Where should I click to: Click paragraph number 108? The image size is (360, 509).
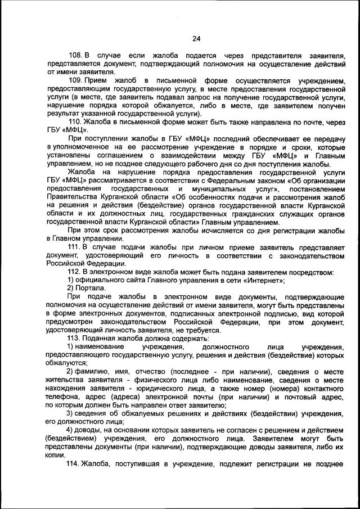click(x=76, y=57)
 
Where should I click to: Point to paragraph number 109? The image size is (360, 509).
click(x=76, y=81)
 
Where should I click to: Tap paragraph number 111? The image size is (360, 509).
click(x=76, y=247)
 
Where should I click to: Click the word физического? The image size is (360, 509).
click(x=138, y=380)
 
